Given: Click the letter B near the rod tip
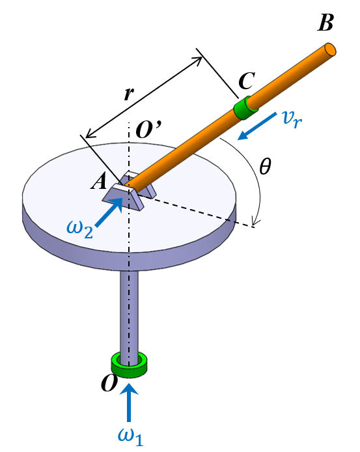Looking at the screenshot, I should (325, 24).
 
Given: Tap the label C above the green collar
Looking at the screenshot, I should (247, 81).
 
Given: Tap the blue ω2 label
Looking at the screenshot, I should (80, 227).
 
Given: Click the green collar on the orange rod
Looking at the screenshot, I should (245, 108).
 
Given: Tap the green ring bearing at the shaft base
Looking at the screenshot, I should (130, 362).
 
